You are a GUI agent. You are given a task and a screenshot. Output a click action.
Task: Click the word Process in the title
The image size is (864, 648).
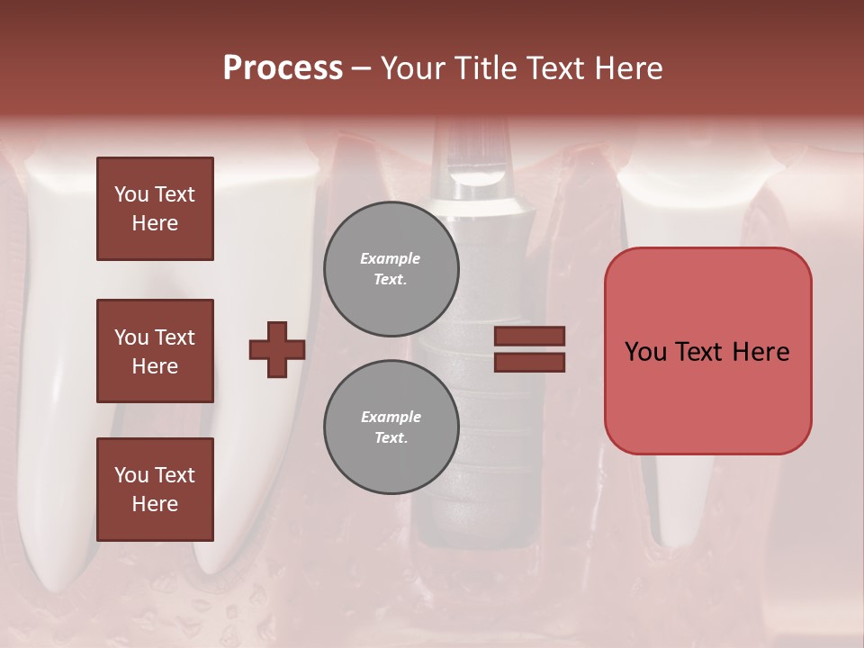(283, 68)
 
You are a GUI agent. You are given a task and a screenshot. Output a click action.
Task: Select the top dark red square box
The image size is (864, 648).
(155, 209)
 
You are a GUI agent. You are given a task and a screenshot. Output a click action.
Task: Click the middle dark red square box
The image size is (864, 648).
(155, 351)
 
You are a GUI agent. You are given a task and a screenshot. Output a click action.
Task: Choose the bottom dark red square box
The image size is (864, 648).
(155, 490)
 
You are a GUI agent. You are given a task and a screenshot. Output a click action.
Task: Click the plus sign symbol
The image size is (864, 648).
(277, 349)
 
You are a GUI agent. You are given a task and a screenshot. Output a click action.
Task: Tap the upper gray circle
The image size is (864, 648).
(391, 269)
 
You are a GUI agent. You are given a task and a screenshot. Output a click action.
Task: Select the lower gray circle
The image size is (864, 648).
(391, 427)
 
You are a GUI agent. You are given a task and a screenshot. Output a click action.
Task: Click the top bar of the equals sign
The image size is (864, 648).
(529, 336)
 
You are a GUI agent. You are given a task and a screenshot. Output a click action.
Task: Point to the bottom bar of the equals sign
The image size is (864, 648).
(529, 362)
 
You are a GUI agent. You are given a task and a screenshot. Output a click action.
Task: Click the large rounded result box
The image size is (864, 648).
(707, 350)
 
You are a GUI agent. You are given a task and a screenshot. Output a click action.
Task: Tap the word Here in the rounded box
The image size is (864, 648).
(760, 352)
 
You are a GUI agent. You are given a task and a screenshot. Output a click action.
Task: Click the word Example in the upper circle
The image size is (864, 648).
(391, 258)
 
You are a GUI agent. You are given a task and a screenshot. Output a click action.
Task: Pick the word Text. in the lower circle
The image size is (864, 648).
(391, 438)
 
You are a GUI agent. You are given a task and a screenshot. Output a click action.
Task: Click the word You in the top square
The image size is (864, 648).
(130, 194)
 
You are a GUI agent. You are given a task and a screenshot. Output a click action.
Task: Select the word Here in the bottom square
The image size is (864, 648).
(155, 504)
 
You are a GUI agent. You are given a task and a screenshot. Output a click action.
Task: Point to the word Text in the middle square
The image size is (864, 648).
(174, 337)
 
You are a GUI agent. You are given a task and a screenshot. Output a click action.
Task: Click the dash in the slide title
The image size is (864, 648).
(361, 68)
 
